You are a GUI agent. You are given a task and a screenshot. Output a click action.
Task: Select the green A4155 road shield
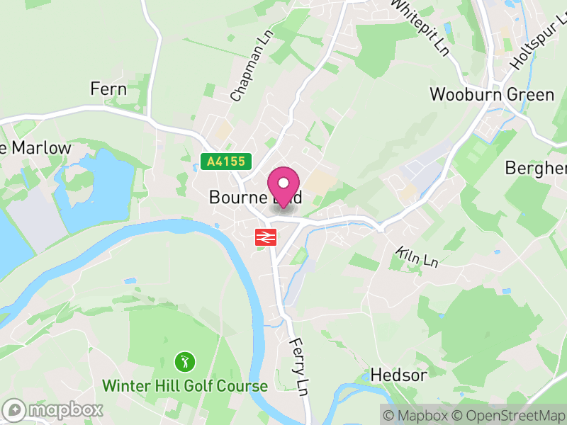[x=226, y=161]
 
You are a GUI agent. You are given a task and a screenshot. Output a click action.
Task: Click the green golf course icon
[x=185, y=363]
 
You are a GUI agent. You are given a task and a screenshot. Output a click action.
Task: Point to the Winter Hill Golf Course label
[x=185, y=386]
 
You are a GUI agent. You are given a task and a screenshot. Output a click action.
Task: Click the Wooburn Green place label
[x=492, y=94]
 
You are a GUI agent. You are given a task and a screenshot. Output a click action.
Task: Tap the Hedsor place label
[x=398, y=375]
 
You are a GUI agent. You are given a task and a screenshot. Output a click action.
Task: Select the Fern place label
[x=108, y=89]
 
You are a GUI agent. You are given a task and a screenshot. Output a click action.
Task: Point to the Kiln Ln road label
[x=417, y=257]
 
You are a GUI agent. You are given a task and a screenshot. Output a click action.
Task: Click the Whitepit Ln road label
[x=420, y=27]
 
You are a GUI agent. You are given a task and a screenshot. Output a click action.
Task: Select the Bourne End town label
[x=255, y=198]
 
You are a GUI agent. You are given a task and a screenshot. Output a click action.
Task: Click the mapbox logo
[x=53, y=409]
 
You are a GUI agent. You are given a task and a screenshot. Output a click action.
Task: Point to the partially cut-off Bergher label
[x=537, y=167]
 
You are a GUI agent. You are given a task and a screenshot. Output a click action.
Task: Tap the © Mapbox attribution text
[x=418, y=415]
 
